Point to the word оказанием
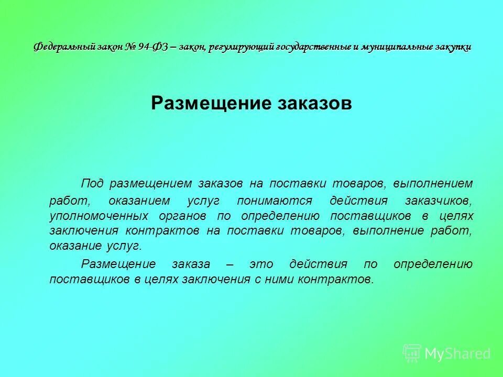click(139, 201)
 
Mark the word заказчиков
click(439, 201)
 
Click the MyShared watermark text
click(457, 353)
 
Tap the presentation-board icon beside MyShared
click(412, 353)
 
